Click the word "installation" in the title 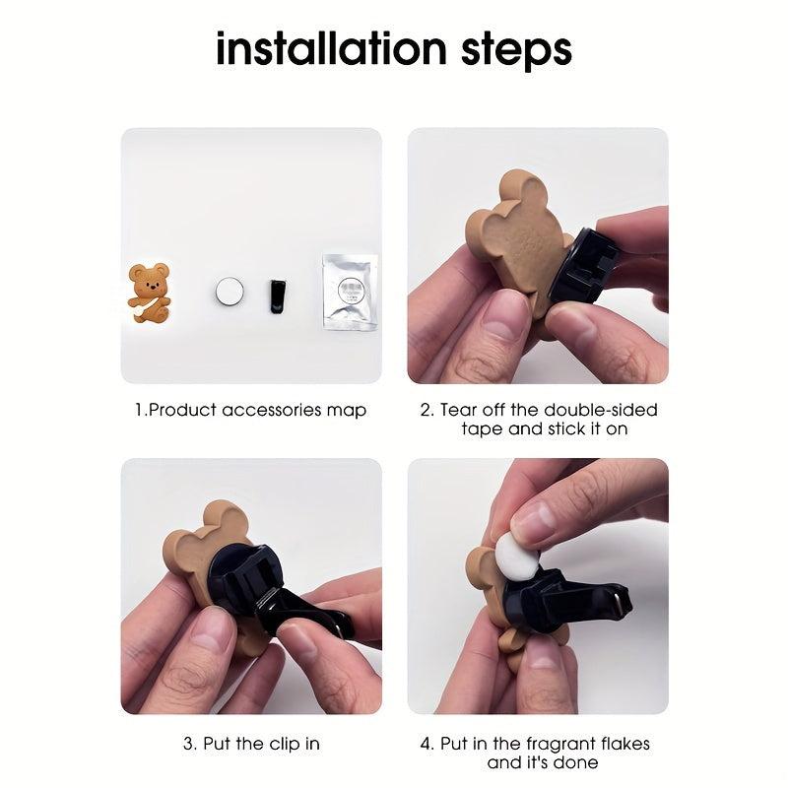(331, 48)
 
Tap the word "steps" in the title (516, 51)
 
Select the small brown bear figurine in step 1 (150, 293)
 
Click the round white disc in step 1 (230, 291)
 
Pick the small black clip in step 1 (278, 296)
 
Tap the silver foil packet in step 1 (351, 292)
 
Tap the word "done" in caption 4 (577, 762)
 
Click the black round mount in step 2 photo (583, 265)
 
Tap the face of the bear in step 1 (151, 287)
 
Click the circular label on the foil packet (351, 291)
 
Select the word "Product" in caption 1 (182, 410)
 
